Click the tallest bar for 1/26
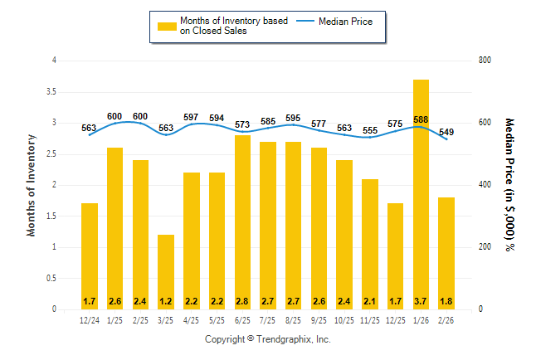(421, 194)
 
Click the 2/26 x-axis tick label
(446, 320)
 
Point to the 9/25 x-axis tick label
(319, 320)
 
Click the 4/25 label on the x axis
(192, 320)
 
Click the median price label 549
(446, 132)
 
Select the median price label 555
(370, 130)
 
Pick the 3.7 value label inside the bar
(421, 300)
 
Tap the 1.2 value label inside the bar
(166, 300)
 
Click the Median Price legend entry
(352, 21)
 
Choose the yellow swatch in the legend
(166, 26)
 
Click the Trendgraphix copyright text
(268, 340)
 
